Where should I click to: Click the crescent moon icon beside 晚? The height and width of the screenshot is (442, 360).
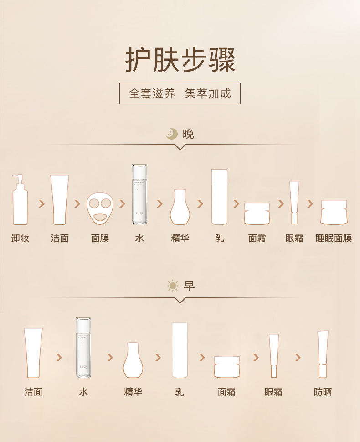[172, 134]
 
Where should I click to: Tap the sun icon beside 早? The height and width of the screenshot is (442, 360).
[173, 286]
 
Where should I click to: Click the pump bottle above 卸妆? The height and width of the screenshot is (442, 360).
[20, 200]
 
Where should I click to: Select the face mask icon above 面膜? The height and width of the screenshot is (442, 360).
[100, 208]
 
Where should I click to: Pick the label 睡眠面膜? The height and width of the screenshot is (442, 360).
[334, 238]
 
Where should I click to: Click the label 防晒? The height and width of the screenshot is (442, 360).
[323, 392]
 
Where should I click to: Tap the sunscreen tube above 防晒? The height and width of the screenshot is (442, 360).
[323, 354]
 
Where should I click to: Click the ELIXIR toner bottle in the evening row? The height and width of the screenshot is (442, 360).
[140, 194]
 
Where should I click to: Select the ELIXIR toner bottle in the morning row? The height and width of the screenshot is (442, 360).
[83, 348]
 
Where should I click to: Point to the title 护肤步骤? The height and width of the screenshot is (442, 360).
[180, 60]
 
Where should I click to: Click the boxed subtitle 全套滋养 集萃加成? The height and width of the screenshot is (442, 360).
[180, 94]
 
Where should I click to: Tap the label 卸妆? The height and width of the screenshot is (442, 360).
[20, 238]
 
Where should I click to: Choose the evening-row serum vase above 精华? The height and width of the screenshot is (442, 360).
[180, 207]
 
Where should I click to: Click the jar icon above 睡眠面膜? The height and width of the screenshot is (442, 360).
[334, 212]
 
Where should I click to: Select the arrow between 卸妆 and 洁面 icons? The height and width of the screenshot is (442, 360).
[41, 203]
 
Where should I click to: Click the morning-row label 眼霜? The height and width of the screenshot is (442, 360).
[273, 392]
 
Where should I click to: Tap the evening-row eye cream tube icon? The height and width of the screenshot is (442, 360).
[294, 203]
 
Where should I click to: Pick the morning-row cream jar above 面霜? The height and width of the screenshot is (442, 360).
[227, 367]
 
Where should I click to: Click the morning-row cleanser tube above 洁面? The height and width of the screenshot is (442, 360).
[33, 353]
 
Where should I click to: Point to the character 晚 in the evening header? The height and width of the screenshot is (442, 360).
[188, 134]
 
